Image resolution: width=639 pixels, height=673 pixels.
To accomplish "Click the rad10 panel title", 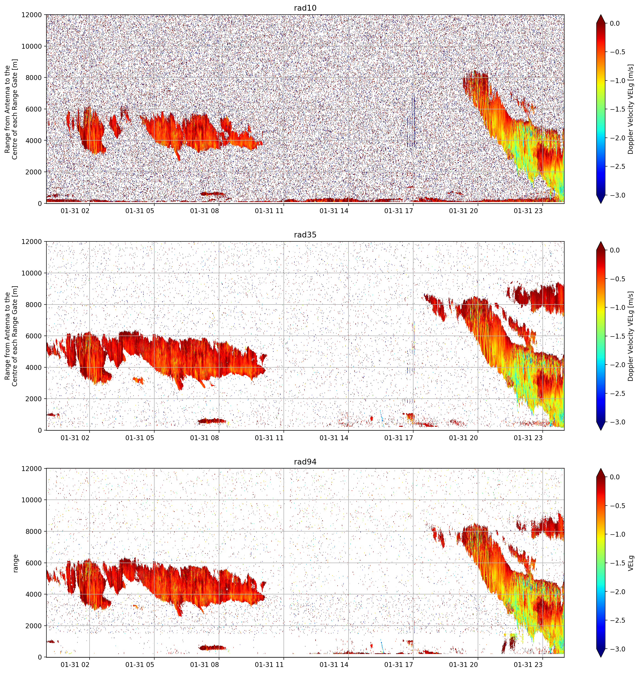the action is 305,8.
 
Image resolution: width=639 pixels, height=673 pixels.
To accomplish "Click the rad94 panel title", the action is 305,461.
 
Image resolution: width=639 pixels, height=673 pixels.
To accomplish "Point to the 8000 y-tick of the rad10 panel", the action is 34,78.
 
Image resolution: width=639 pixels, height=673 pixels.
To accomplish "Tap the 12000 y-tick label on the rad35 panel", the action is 32,242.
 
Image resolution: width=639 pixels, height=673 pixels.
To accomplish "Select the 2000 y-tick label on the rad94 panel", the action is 34,626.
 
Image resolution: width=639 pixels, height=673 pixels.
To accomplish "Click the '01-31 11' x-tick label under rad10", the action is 269,211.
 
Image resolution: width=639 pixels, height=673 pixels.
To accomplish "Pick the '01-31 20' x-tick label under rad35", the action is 463,438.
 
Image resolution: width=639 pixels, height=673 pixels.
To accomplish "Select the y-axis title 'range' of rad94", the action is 15,563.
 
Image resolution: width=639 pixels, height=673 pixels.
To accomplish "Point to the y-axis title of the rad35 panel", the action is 11,336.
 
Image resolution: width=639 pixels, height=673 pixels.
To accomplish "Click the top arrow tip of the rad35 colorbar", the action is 601,242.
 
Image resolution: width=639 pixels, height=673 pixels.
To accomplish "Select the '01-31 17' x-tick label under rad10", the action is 399,211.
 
